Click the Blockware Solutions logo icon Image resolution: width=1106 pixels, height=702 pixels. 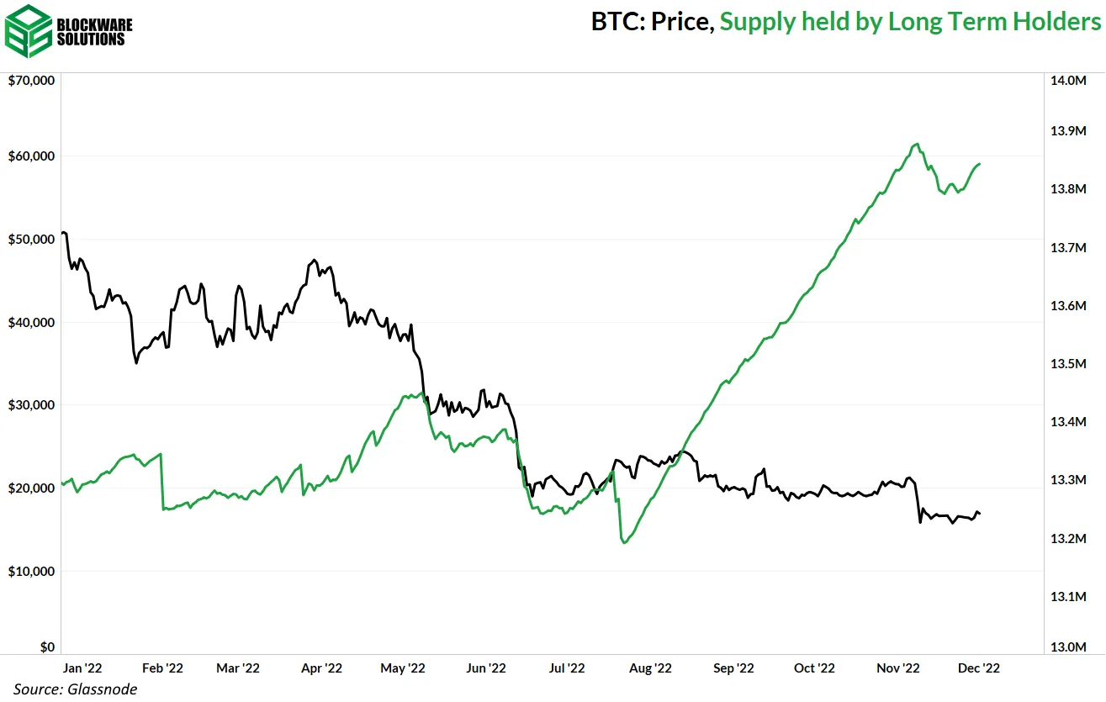[x=29, y=30]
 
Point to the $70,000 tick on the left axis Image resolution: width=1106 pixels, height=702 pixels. [x=31, y=81]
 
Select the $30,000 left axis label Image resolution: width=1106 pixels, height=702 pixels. [x=31, y=405]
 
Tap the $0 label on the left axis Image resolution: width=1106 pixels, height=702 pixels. [x=47, y=647]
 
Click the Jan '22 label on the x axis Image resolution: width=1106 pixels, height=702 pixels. [x=82, y=668]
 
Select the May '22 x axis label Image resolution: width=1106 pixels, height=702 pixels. [x=403, y=668]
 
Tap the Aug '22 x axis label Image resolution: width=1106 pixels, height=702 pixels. [x=651, y=668]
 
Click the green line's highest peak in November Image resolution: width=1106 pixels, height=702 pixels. [x=917, y=144]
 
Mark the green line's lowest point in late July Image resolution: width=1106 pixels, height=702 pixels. [x=624, y=543]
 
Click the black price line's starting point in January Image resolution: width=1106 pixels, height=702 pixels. [x=63, y=233]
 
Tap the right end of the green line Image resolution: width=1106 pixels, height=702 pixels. [x=980, y=164]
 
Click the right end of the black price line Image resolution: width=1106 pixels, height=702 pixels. [x=980, y=514]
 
